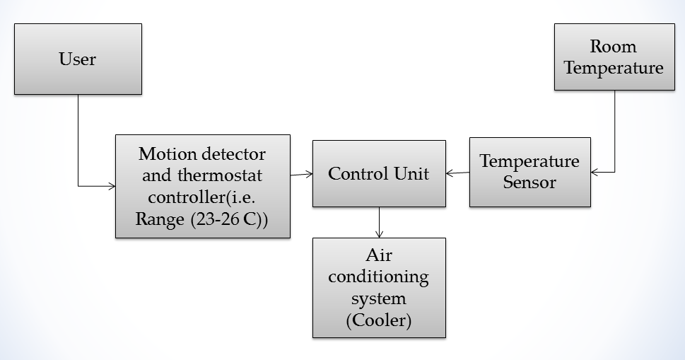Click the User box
(78, 59)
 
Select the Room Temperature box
(614, 57)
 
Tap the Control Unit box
(379, 173)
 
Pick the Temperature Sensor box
(529, 172)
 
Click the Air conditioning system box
(379, 287)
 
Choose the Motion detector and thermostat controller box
(202, 186)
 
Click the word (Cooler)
(379, 320)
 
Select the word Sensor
(529, 182)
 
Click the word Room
(614, 47)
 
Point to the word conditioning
(379, 276)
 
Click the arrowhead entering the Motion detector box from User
(112, 186)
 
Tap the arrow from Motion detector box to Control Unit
(301, 173)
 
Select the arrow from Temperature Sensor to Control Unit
(457, 172)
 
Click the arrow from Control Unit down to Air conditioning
(380, 222)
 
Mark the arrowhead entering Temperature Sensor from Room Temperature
(595, 172)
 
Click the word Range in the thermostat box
(160, 220)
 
